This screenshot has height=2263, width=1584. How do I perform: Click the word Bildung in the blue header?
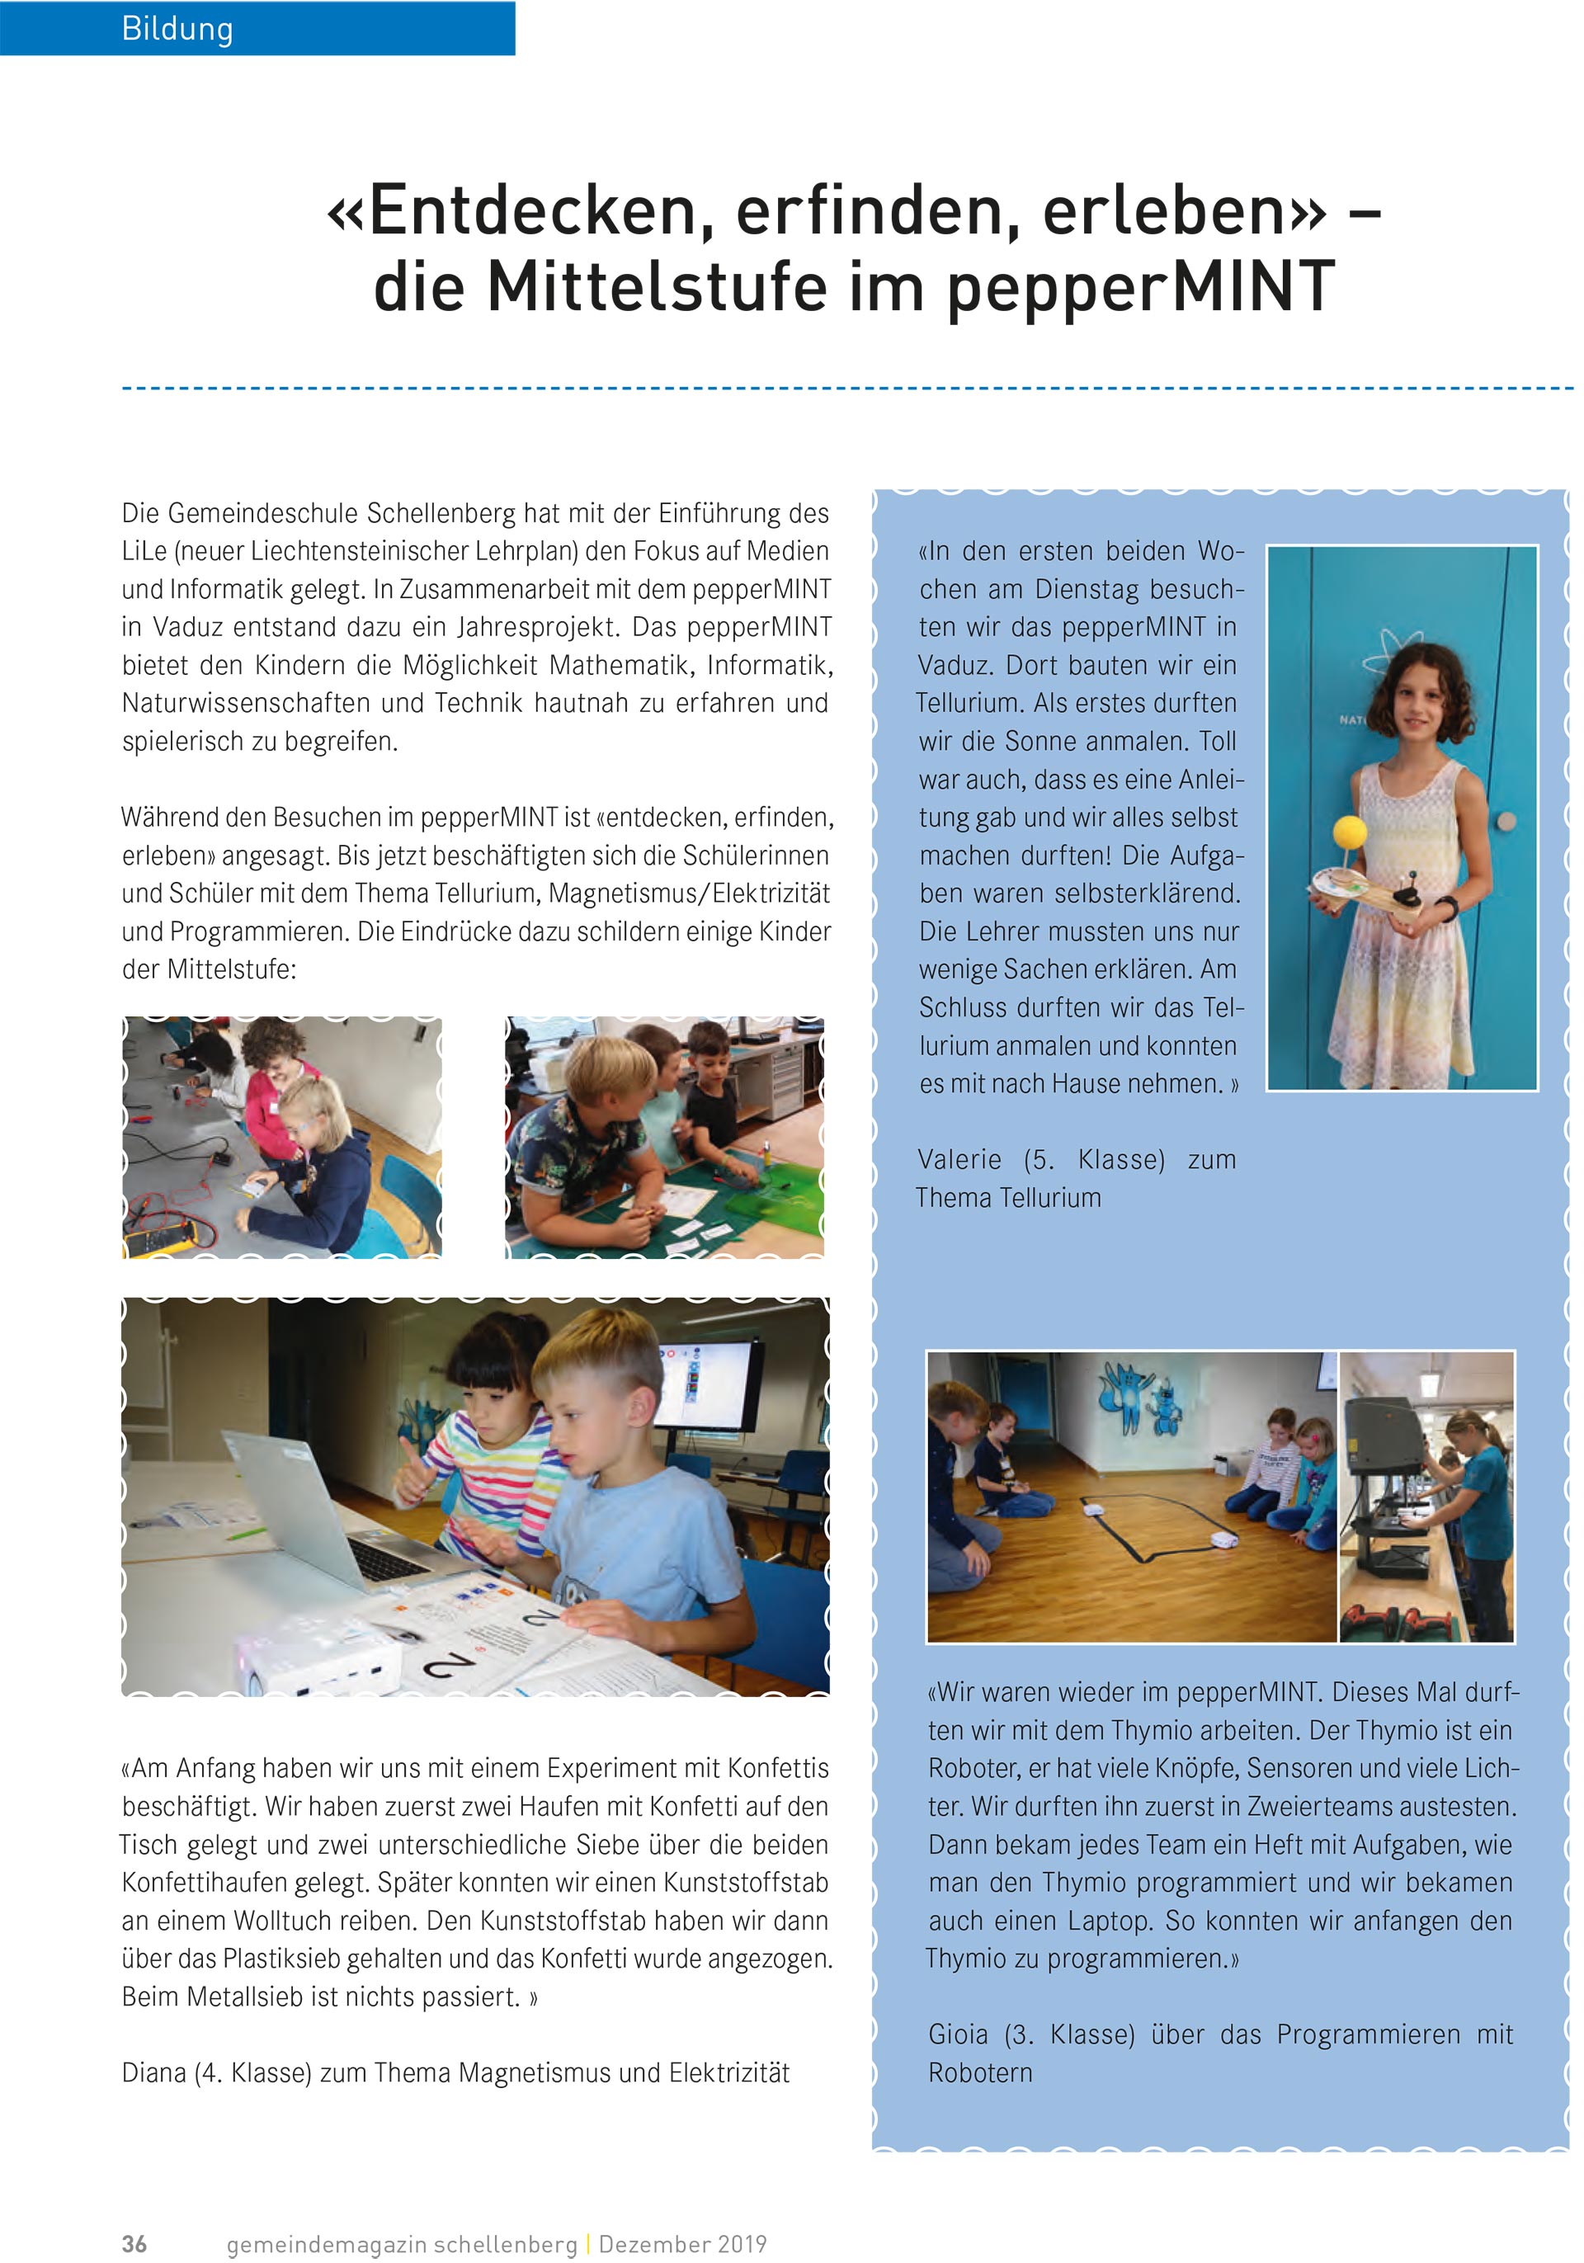pyautogui.click(x=177, y=29)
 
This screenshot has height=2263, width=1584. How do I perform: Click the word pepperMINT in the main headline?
pyautogui.click(x=1139, y=288)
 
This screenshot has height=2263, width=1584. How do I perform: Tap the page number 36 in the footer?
pyautogui.click(x=134, y=2244)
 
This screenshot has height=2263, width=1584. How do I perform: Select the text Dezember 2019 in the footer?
pyautogui.click(x=682, y=2244)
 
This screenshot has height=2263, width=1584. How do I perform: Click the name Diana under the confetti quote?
pyautogui.click(x=153, y=2072)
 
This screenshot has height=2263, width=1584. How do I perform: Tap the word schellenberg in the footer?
pyautogui.click(x=505, y=2244)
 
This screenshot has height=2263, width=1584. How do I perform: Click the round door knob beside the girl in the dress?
pyautogui.click(x=1505, y=821)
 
